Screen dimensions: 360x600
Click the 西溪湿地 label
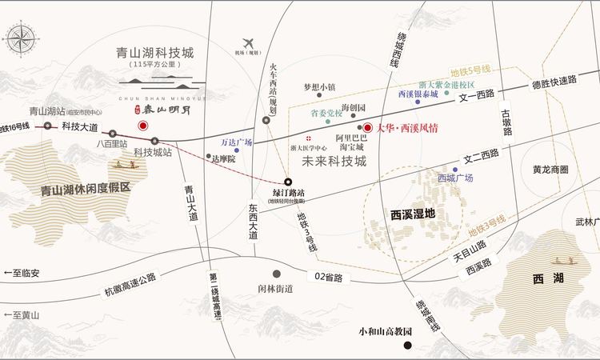point(408,214)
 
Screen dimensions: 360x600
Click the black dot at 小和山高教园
point(408,346)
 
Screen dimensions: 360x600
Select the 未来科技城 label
point(334,161)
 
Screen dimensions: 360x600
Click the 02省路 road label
point(328,278)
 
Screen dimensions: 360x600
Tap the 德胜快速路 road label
point(554,82)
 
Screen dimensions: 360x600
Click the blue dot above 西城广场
point(455,169)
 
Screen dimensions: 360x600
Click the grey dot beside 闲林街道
point(276,273)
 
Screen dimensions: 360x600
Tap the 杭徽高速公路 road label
point(132,283)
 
